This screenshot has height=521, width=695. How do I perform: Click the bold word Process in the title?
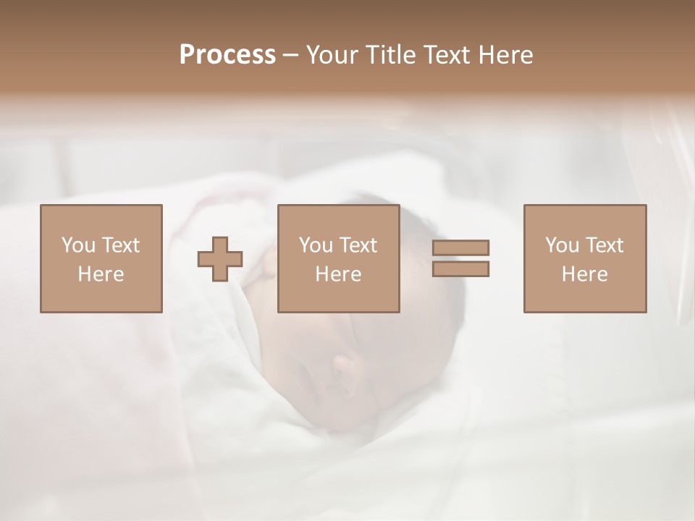click(x=227, y=55)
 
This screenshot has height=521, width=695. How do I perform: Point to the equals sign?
click(x=460, y=258)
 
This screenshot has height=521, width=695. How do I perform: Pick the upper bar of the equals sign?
click(x=460, y=248)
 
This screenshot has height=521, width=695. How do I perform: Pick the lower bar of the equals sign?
click(x=460, y=268)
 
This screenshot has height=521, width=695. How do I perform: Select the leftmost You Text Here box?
click(x=101, y=258)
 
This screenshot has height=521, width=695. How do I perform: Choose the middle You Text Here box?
click(x=338, y=258)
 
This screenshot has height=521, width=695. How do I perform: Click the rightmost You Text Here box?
click(x=584, y=258)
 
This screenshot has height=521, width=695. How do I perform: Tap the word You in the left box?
click(x=78, y=245)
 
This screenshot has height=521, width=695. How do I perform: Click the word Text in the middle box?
click(x=358, y=245)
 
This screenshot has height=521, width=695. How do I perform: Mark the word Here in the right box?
click(x=584, y=274)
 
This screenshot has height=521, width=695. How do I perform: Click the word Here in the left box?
click(x=101, y=274)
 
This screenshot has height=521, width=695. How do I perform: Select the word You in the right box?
click(x=562, y=245)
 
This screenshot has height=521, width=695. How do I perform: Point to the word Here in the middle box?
click(x=338, y=274)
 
